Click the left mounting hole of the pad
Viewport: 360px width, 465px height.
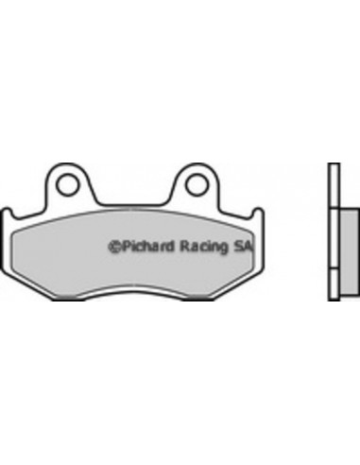(67, 185)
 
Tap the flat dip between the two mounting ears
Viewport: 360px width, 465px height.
(132, 200)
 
